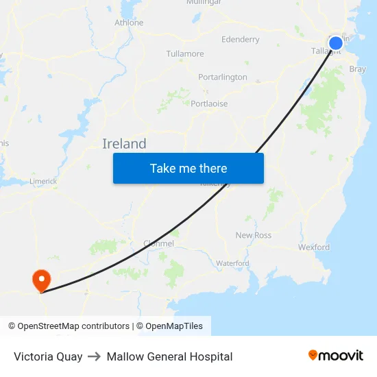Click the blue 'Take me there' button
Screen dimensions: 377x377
(188, 168)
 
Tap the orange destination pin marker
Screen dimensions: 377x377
(41, 279)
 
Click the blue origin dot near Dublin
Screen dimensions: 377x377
(335, 44)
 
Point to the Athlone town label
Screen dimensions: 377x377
(129, 23)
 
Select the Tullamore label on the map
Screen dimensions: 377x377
(185, 53)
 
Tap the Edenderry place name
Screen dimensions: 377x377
(240, 39)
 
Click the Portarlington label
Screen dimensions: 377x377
(223, 77)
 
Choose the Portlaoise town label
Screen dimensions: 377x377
(209, 104)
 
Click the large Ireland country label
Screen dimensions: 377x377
(124, 144)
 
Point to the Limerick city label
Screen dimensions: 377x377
(43, 181)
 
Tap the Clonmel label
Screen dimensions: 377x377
(158, 243)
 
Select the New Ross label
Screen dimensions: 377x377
(254, 235)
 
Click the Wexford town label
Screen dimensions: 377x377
(314, 247)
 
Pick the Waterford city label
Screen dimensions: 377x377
(232, 263)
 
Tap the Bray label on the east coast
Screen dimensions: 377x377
(357, 69)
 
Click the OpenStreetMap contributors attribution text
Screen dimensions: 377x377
(69, 326)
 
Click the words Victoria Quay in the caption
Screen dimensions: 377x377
(48, 356)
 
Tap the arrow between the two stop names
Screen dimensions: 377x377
(95, 356)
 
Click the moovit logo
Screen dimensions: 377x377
(336, 355)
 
